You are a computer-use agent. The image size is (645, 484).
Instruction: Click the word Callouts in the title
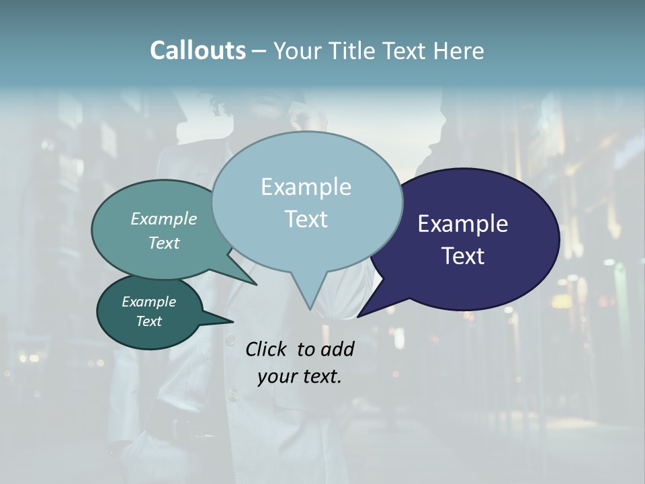coord(198,50)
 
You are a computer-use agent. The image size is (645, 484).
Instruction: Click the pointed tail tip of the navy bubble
coord(358,316)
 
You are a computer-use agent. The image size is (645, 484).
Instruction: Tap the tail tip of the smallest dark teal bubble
coord(233,320)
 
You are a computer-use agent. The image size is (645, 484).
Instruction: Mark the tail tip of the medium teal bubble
coord(256,284)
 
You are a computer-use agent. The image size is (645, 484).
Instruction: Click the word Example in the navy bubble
coord(463,224)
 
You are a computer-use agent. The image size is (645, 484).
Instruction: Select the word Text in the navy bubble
coord(464,256)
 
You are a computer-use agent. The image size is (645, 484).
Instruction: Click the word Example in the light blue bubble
coord(306,187)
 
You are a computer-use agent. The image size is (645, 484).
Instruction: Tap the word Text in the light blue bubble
coord(306,219)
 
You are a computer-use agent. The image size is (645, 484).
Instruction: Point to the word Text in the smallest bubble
coord(149,321)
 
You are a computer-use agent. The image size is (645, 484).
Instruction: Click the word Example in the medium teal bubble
coord(164,219)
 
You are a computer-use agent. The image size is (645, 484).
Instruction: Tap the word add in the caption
coord(337,349)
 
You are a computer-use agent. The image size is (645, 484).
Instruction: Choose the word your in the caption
coord(276,376)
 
